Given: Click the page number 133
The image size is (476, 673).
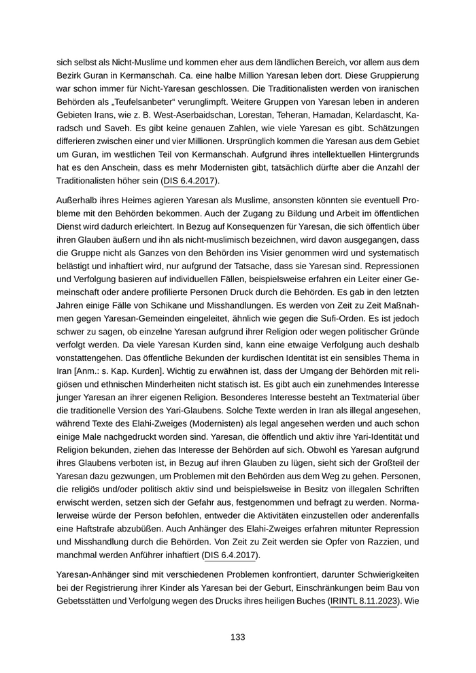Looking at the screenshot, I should [237, 637].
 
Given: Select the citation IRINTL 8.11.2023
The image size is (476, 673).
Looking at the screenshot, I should [364, 602].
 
